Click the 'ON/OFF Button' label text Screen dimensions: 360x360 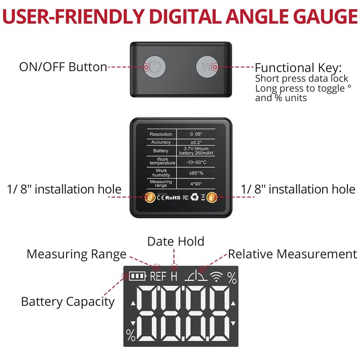pos(63,67)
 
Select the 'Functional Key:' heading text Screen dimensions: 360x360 pos(298,68)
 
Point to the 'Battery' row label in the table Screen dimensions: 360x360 pos(161,151)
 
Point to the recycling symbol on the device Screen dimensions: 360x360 pos(194,197)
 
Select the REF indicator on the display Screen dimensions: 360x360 pos(158,276)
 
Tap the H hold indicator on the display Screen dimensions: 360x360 pos(174,276)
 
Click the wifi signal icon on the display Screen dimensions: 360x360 pos(217,277)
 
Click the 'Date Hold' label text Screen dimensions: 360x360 pos(175,241)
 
